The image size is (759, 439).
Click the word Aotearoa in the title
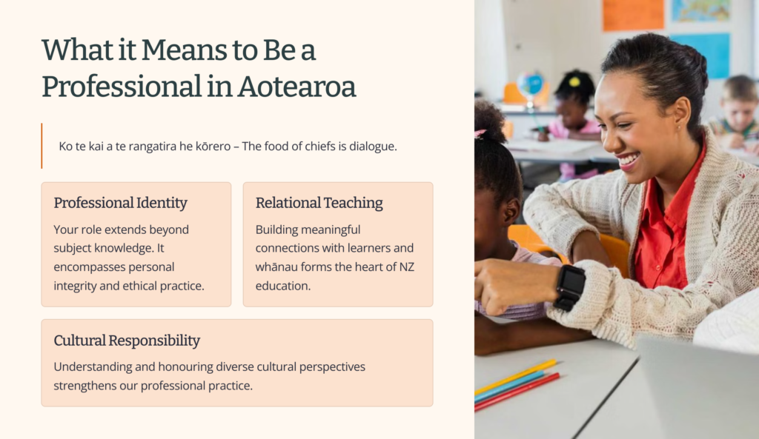pos(296,87)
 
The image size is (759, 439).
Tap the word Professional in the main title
pos(122,87)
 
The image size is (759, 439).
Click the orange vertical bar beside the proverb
pos(42,146)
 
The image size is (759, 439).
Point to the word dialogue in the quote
pos(373,146)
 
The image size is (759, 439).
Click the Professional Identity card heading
pos(121,203)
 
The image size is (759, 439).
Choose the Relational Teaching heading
pos(319,203)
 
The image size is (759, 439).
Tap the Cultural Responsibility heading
pos(127,341)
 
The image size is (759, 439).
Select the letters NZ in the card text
pos(407,267)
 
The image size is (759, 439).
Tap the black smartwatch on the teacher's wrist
pos(570,286)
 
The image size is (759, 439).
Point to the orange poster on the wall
pos(633,15)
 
